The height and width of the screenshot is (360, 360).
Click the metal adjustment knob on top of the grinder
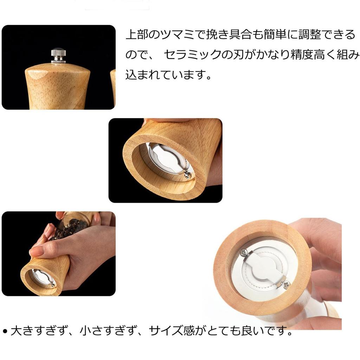point(58,56)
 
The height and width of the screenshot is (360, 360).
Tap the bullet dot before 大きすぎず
point(5,331)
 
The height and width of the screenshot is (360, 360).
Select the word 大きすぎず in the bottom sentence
point(39,331)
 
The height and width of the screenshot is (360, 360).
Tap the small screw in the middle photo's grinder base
point(188,174)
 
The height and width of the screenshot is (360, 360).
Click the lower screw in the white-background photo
point(286,283)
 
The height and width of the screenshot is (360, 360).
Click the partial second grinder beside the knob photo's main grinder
point(113,86)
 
